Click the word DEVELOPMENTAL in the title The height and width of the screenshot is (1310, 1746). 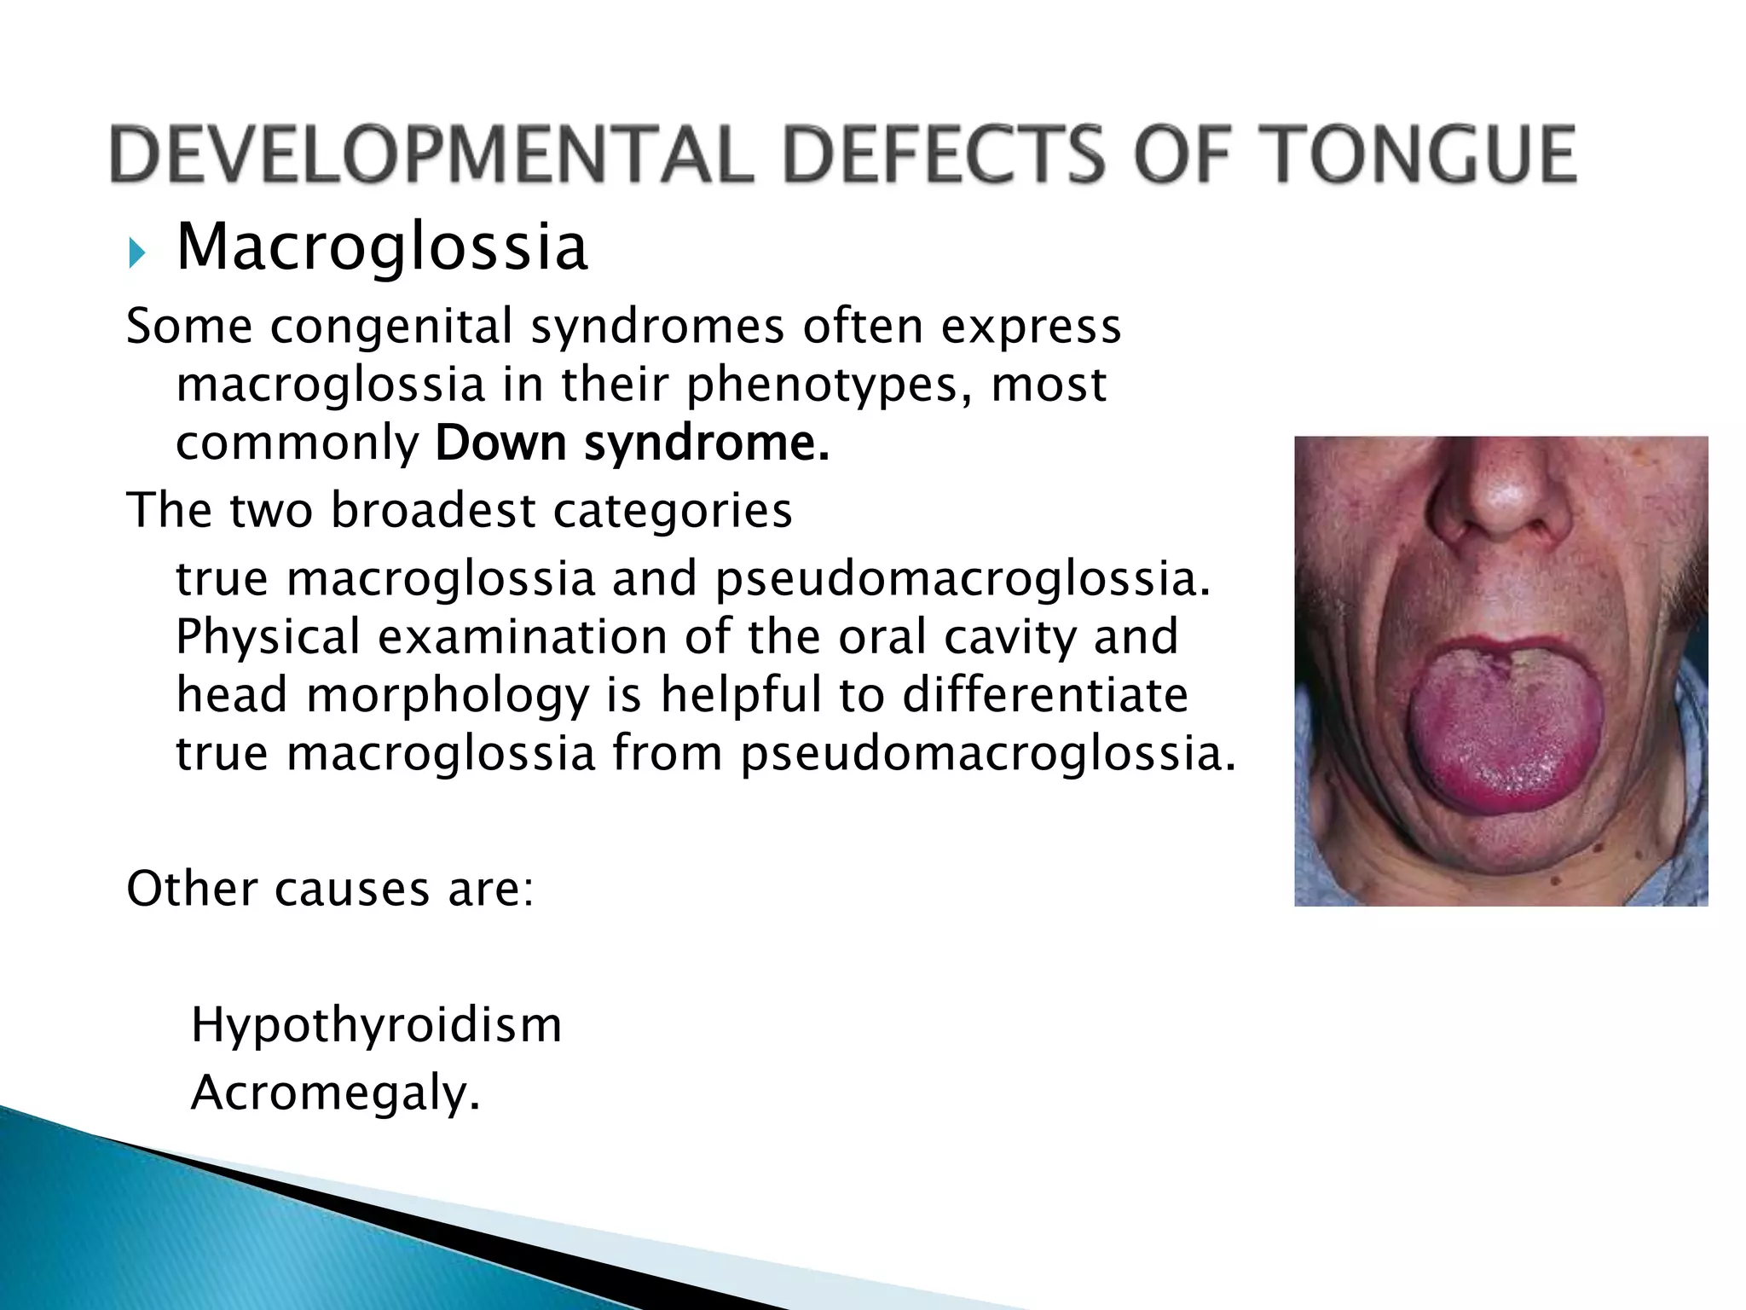pyautogui.click(x=431, y=154)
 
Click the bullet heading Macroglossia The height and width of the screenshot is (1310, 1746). pyautogui.click(x=382, y=247)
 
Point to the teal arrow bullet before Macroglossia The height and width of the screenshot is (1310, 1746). pyautogui.click(x=136, y=252)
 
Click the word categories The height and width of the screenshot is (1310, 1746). pyautogui.click(x=673, y=511)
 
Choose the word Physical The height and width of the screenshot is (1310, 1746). pyautogui.click(x=268, y=637)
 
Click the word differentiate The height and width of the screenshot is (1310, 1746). pyautogui.click(x=1045, y=694)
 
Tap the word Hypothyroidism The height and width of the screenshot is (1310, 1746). pyautogui.click(x=376, y=1025)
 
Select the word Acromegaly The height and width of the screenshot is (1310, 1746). pyautogui.click(x=335, y=1093)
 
